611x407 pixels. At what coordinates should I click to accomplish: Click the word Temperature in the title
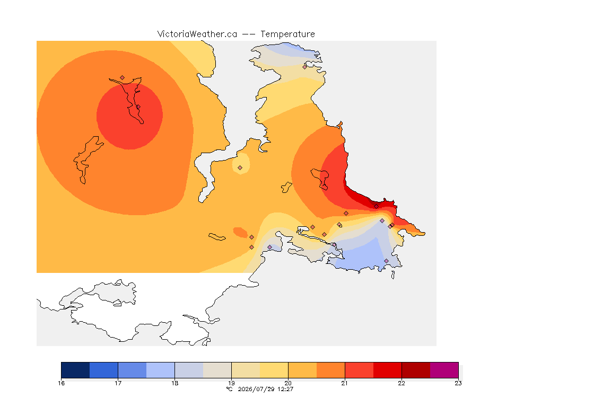click(x=287, y=34)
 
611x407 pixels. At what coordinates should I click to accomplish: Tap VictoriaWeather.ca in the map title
click(x=197, y=34)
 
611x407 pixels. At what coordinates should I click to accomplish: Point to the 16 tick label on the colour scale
click(x=61, y=383)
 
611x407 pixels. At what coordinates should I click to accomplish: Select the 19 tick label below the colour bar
click(x=231, y=383)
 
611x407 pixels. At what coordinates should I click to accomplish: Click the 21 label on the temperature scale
click(x=345, y=383)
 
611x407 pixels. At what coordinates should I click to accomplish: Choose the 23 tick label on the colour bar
click(x=458, y=383)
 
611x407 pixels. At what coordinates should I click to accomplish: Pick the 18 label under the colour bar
click(x=174, y=383)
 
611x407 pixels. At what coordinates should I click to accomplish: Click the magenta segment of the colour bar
click(x=444, y=370)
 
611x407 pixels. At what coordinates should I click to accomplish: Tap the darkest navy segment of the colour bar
click(x=76, y=370)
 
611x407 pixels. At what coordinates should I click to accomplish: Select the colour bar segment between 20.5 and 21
click(x=331, y=370)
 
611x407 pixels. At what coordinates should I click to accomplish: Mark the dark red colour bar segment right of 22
click(x=416, y=370)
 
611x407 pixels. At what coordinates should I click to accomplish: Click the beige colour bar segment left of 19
click(x=217, y=370)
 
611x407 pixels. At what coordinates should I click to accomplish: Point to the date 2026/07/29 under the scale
click(x=256, y=389)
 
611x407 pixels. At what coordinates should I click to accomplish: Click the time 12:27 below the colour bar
click(x=285, y=389)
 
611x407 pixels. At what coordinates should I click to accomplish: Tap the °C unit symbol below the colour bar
click(x=230, y=389)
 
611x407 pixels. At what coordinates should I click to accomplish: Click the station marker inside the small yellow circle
click(x=240, y=168)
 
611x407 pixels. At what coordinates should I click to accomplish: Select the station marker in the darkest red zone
click(x=376, y=207)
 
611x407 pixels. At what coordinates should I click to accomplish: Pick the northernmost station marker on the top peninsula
click(x=305, y=67)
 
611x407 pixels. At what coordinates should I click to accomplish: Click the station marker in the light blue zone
click(x=386, y=261)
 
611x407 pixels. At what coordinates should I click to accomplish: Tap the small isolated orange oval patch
click(x=240, y=233)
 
